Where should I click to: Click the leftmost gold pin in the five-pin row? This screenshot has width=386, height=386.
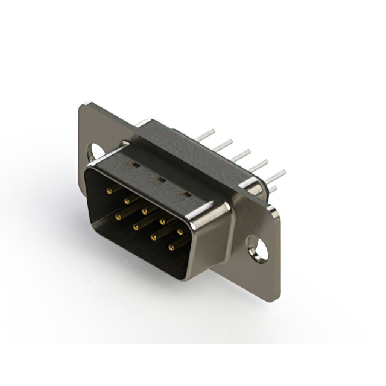pyautogui.click(x=110, y=191)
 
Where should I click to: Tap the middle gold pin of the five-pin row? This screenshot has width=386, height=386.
pyautogui.click(x=145, y=211)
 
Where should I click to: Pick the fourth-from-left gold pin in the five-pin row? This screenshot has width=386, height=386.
pyautogui.click(x=163, y=221)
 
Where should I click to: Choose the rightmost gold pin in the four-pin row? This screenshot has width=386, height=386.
pyautogui.click(x=171, y=247)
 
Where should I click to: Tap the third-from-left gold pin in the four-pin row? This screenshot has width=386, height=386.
pyautogui.click(x=154, y=237)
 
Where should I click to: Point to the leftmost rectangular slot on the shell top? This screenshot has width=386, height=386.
pyautogui.click(x=136, y=164)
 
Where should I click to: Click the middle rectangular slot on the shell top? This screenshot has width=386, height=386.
pyautogui.click(x=160, y=179)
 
